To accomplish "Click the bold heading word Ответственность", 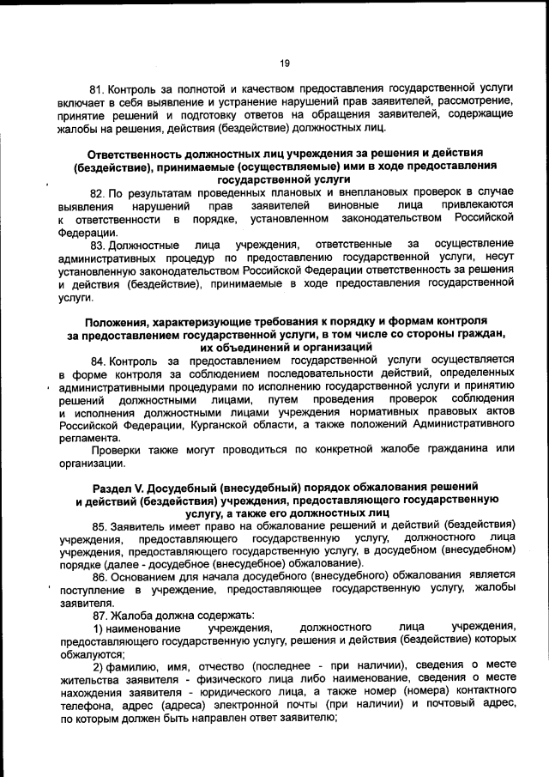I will point(131,152).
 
